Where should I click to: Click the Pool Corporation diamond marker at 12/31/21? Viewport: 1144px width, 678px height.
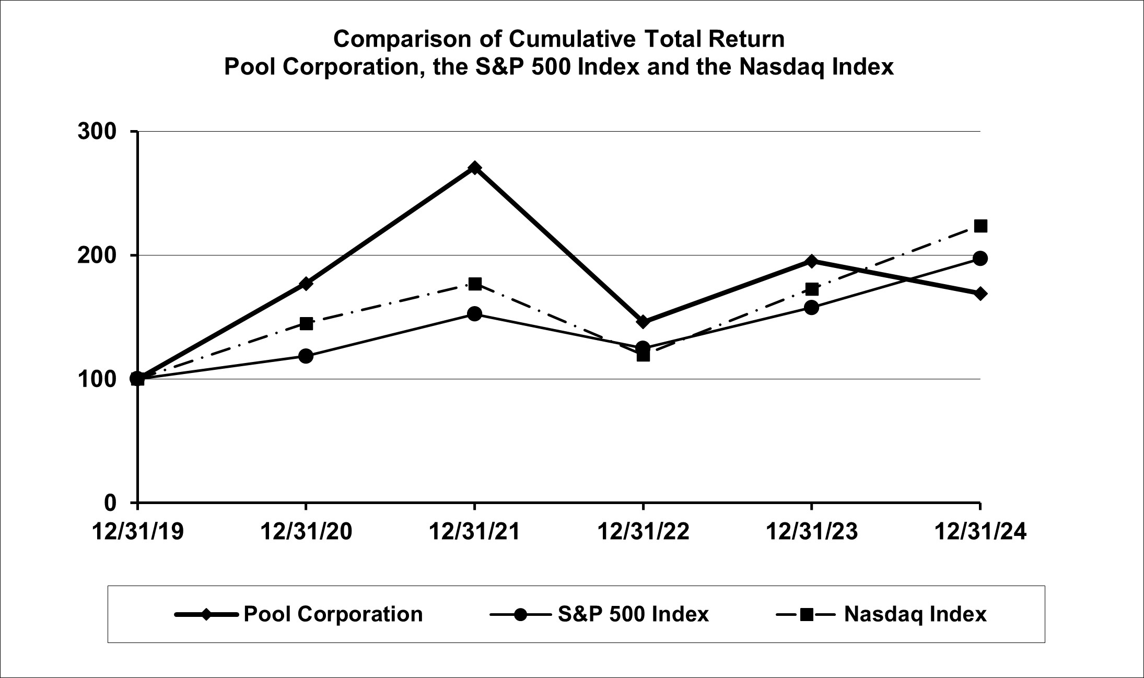click(x=474, y=168)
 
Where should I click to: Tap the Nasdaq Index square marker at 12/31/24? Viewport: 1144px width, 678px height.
click(x=980, y=226)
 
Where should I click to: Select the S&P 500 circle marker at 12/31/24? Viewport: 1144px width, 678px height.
click(x=980, y=259)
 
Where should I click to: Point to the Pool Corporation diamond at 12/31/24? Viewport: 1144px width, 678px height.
click(x=980, y=294)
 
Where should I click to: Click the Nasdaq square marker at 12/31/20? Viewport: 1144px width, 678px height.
click(x=306, y=323)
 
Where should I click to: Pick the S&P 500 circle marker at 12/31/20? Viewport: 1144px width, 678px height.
click(x=306, y=356)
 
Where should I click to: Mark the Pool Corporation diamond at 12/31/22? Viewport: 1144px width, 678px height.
click(x=643, y=322)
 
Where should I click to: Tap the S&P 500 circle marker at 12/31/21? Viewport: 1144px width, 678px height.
click(x=474, y=314)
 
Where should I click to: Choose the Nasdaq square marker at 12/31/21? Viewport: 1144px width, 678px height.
click(x=474, y=284)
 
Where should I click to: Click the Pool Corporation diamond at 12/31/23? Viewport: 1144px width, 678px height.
click(x=811, y=261)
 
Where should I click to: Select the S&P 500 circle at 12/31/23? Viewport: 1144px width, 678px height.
click(x=811, y=308)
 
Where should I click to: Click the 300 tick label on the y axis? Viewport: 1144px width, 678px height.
click(x=97, y=132)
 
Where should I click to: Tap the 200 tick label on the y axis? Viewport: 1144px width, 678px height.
click(x=97, y=255)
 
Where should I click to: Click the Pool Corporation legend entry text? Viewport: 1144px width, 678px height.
click(x=333, y=614)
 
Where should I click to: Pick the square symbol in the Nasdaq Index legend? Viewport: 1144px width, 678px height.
click(x=806, y=615)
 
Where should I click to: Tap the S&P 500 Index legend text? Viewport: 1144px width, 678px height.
click(x=633, y=614)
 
